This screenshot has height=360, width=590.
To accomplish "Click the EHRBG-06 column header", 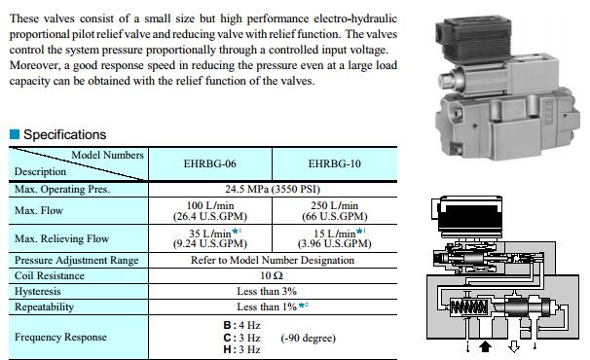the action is pos(210,164).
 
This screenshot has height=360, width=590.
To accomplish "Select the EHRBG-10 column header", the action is pos(335,164).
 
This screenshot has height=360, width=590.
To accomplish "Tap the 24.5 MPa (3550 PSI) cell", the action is pos(273,189).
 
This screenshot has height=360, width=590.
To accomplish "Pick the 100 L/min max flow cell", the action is pos(210,211).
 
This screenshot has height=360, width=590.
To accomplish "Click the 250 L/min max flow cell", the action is pos(335,211).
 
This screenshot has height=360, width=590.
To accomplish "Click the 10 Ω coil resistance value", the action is pos(272,275).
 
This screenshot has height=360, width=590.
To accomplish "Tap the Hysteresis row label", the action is pos(38,292).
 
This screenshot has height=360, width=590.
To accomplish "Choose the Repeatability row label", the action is pos(44,306).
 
